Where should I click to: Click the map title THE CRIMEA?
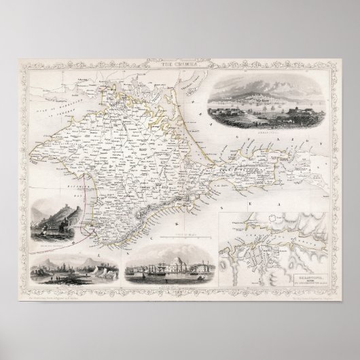179,64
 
